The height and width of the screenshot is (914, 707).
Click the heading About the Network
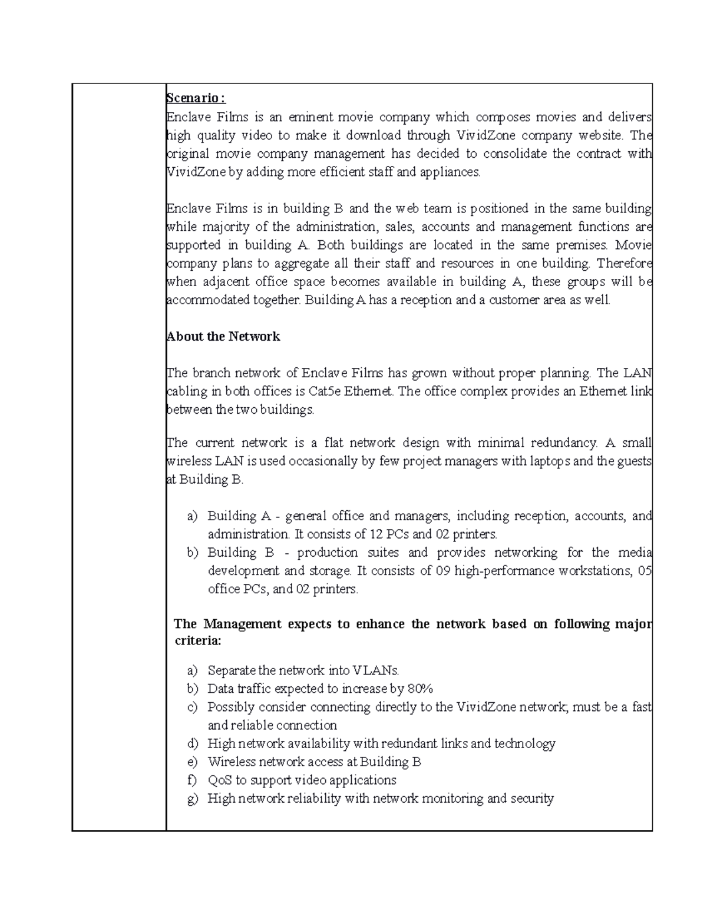pyautogui.click(x=224, y=337)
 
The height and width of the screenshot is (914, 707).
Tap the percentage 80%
pyautogui.click(x=420, y=689)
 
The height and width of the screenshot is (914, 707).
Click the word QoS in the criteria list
pyautogui.click(x=220, y=780)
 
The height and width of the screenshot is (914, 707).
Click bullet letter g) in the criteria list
pyautogui.click(x=192, y=799)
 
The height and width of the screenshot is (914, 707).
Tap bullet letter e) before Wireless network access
pyautogui.click(x=192, y=762)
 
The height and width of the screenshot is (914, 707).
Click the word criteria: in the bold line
pyautogui.click(x=199, y=641)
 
